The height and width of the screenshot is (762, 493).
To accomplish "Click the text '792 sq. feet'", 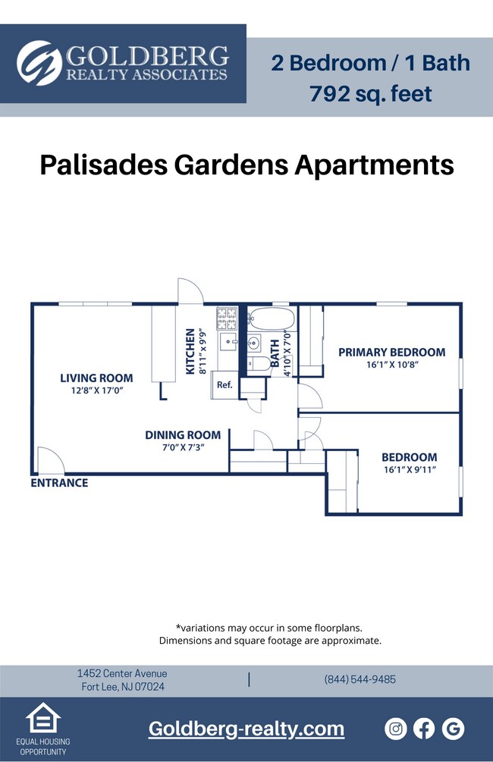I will click(371, 94).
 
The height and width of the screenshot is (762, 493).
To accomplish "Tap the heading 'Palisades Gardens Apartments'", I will click(246, 164).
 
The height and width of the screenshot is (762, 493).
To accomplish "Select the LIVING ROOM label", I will click(96, 378).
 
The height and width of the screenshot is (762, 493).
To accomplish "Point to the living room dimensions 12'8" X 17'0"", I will click(96, 391).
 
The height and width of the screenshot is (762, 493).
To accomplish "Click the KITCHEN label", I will click(190, 352).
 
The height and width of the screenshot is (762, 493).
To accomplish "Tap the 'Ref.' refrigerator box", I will click(225, 384).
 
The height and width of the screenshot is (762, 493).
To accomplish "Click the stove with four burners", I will click(228, 318).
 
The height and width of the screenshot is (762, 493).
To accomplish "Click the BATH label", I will click(275, 352).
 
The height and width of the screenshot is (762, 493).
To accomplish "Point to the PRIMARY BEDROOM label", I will click(391, 352).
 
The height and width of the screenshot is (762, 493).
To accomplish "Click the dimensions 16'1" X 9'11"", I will click(409, 470).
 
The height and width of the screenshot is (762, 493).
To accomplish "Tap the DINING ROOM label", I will click(183, 434).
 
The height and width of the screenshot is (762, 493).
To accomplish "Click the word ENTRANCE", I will click(59, 483).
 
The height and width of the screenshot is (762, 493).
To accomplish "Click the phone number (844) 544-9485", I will click(360, 679).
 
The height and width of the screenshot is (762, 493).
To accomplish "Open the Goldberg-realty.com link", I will click(246, 729).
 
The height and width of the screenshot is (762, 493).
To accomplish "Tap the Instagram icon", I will click(396, 729).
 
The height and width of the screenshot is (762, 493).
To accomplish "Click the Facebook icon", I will click(424, 729).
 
